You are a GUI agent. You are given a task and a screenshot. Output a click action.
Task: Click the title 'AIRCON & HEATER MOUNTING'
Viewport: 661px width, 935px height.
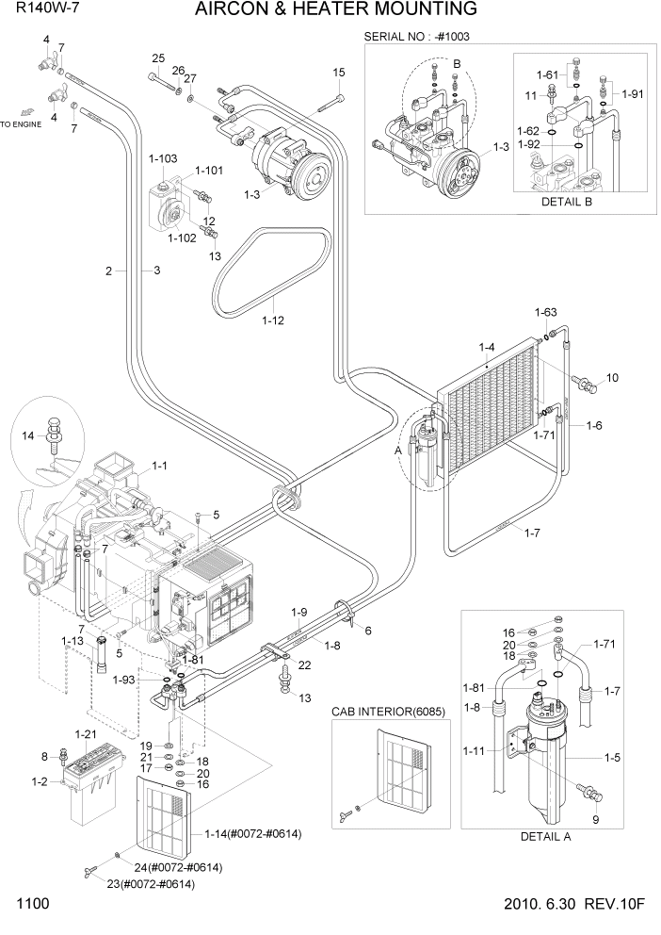[x=335, y=10]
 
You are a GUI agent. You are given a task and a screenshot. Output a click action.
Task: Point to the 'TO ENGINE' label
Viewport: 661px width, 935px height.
[x=21, y=124]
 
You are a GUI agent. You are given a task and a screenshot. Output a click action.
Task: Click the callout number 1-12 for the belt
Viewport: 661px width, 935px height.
[x=272, y=320]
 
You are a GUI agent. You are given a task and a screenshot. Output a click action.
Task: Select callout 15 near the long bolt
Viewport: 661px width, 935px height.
[x=339, y=73]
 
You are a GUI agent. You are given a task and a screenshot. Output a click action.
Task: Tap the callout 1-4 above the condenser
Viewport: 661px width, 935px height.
[x=488, y=349]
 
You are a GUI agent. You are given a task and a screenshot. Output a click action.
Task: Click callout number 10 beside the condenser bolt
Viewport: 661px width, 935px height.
[x=612, y=378]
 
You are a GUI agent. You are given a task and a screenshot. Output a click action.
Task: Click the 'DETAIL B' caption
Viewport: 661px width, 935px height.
[x=571, y=202]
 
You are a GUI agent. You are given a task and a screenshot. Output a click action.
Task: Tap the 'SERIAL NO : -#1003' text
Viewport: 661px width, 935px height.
[x=416, y=37]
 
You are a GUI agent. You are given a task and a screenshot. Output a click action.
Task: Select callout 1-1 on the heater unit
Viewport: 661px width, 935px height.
[x=159, y=466]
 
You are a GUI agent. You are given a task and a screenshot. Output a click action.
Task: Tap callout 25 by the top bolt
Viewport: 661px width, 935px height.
[x=157, y=58]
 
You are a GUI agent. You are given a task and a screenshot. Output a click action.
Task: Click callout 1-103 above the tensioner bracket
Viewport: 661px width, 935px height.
[x=162, y=158]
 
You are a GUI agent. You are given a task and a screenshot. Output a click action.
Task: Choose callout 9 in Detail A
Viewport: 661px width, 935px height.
[x=595, y=820]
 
